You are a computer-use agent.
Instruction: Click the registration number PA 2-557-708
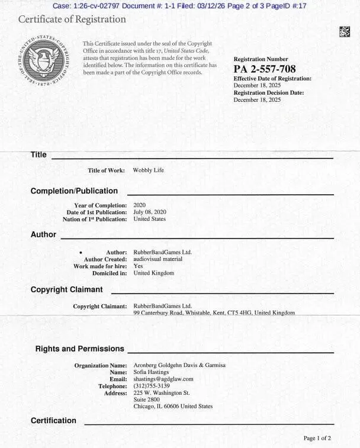[264, 69]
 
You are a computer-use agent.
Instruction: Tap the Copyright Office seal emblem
[44, 59]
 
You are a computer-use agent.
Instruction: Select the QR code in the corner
[345, 32]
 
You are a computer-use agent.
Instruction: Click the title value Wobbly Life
[149, 170]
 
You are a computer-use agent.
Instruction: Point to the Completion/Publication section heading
[74, 191]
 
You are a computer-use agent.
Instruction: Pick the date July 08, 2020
[150, 212]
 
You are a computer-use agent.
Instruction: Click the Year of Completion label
[101, 205]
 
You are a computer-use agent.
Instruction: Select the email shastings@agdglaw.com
[163, 379]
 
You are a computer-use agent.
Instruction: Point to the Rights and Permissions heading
[80, 349]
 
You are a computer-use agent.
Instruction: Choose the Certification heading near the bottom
[53, 421]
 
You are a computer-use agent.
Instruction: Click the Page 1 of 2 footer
[317, 439]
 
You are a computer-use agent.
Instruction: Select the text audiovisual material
[158, 259]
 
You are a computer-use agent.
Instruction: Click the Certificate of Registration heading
[72, 19]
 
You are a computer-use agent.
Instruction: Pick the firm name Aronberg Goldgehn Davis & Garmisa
[175, 365]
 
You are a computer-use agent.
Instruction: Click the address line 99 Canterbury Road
[214, 312]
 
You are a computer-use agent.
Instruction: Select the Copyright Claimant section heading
[66, 290]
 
